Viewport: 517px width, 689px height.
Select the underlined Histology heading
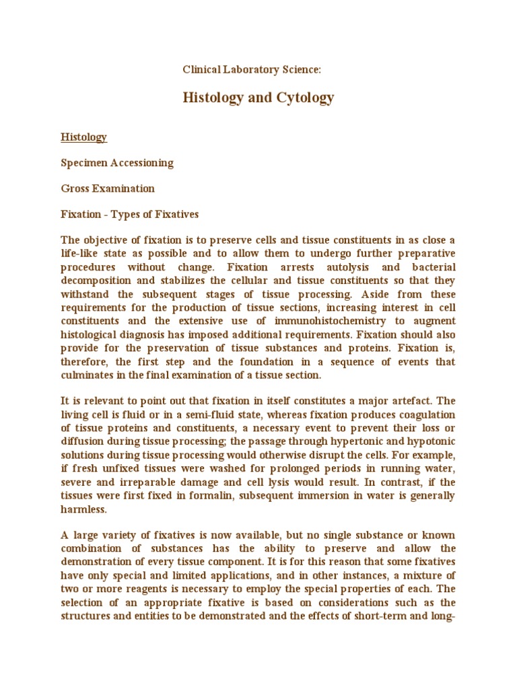coord(84,137)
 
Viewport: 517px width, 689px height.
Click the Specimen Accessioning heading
coord(118,163)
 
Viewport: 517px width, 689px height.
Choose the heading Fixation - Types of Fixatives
coord(130,214)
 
